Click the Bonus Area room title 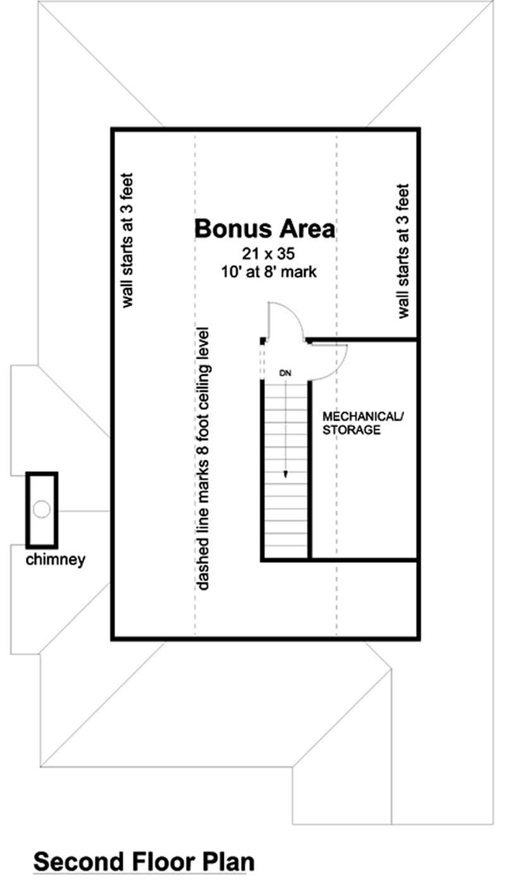[264, 229]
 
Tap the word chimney [56, 560]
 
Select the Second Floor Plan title [144, 861]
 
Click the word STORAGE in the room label [352, 431]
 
